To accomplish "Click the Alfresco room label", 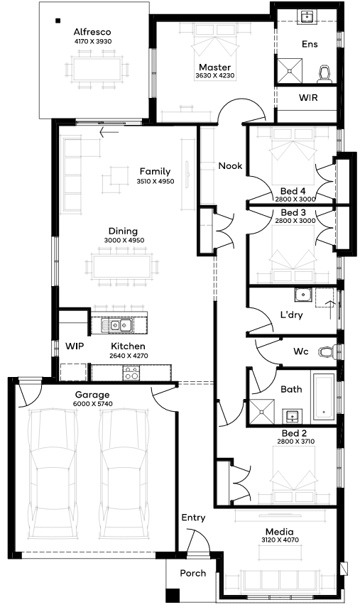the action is tap(92, 32).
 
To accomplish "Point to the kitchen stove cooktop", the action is tap(131, 373).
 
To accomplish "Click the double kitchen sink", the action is tap(116, 324).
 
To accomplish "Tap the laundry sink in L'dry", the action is tap(302, 295).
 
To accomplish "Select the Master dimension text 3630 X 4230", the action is tap(214, 75).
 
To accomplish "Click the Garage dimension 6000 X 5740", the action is tap(92, 403).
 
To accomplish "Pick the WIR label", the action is tap(308, 97).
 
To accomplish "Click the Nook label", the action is tap(230, 166).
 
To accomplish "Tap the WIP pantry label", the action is tap(74, 346).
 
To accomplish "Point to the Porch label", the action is tap(193, 573).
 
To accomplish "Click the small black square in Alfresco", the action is tap(58, 21).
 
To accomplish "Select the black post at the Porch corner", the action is tap(173, 595).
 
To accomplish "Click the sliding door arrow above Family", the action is tap(109, 133).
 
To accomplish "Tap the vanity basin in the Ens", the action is tap(308, 16).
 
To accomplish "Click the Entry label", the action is tap(193, 518).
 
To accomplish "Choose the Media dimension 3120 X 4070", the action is tap(280, 540).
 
